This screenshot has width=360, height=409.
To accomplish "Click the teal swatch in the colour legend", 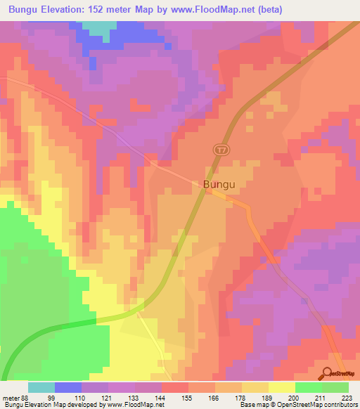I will (41, 387).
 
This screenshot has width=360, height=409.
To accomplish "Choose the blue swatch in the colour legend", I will (68, 387).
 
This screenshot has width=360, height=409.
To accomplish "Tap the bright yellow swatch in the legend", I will (281, 387).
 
